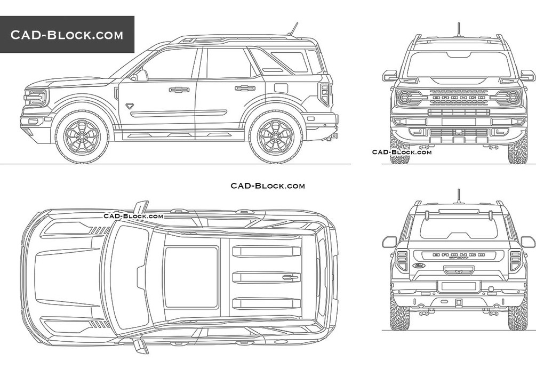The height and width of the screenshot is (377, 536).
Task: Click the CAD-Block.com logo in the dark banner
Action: pyautogui.click(x=67, y=35)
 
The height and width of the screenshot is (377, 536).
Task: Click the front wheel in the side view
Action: pyautogui.click(x=82, y=137)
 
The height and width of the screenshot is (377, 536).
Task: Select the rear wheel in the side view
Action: pyautogui.click(x=276, y=137)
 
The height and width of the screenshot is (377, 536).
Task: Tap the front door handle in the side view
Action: pyautogui.click(x=179, y=90)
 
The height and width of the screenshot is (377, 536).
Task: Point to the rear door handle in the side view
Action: pyautogui.click(x=245, y=88)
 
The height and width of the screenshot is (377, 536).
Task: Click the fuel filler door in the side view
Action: pyautogui.click(x=281, y=88)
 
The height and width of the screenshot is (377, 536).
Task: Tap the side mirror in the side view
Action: pyautogui.click(x=140, y=76)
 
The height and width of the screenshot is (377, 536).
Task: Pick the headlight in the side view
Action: pyautogui.click(x=36, y=98)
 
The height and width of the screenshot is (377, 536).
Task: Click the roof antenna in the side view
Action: pyautogui.click(x=293, y=29)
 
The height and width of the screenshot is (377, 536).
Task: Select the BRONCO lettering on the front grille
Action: pyautogui.click(x=459, y=98)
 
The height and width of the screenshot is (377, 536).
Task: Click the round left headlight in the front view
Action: pyautogui.click(x=404, y=98)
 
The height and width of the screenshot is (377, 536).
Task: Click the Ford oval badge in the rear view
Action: pyautogui.click(x=419, y=265)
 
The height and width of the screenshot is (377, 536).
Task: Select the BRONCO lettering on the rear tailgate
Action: pyautogui.click(x=459, y=255)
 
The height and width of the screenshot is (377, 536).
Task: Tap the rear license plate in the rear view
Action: pyautogui.click(x=459, y=286)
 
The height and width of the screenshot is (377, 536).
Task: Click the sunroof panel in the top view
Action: pyautogui.click(x=191, y=277)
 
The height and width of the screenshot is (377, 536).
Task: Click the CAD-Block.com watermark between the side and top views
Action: pyautogui.click(x=268, y=186)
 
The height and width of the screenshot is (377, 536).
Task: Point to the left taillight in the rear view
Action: pyautogui.click(x=402, y=260)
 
